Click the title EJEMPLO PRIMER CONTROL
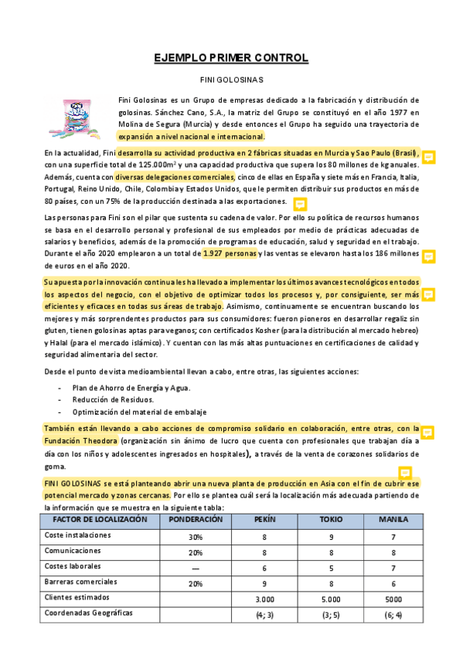(x=231, y=58)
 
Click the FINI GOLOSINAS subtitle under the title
(x=231, y=80)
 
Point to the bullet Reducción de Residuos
(x=113, y=399)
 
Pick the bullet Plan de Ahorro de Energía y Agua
(x=131, y=387)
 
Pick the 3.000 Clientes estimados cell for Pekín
(x=264, y=599)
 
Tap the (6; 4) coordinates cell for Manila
(x=393, y=614)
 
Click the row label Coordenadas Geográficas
(x=88, y=613)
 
